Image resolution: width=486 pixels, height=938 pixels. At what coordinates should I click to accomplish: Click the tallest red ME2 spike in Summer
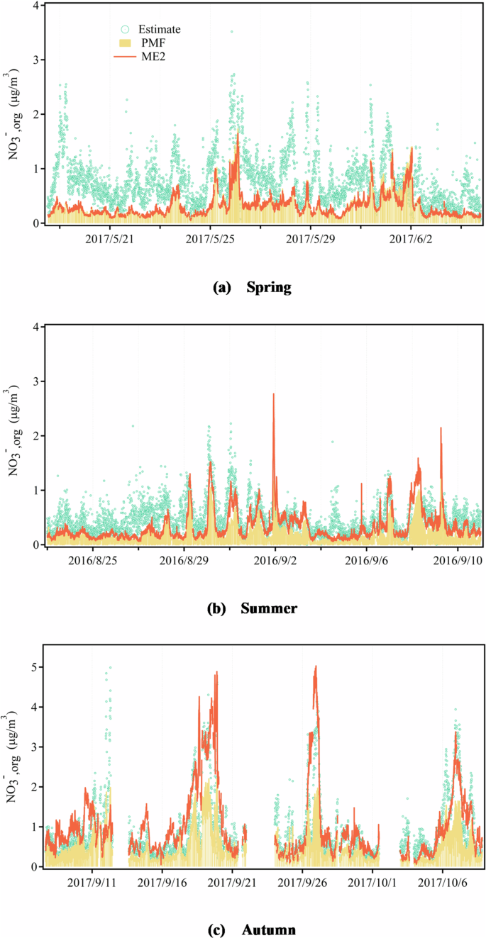point(273,394)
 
